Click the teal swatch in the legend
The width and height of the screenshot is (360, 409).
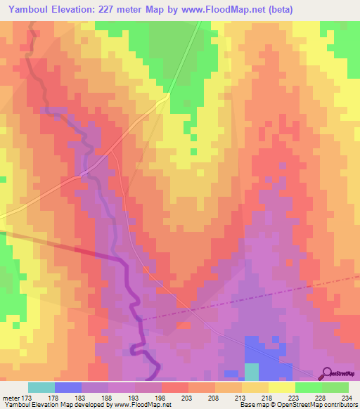click(x=41, y=387)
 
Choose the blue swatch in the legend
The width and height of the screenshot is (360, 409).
click(x=68, y=387)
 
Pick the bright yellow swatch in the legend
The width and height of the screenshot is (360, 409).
click(x=282, y=387)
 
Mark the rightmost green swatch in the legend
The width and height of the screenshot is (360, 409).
click(x=335, y=387)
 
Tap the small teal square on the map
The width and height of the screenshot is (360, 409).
click(x=251, y=372)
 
